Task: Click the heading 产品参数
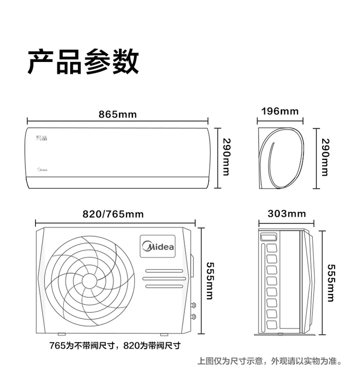coord(83,62)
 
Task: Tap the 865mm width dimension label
coord(118,115)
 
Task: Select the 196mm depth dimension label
coord(280,111)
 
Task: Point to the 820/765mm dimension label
coord(113,214)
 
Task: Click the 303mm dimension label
coord(287,214)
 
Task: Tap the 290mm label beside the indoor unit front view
coord(227,157)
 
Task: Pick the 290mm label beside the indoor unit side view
coord(325,157)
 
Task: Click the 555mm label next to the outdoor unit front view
coord(210,281)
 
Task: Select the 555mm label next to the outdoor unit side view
coord(331,283)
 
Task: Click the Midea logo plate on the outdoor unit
coord(157,246)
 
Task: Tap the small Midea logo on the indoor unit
coord(42,170)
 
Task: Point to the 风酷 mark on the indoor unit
coord(42,138)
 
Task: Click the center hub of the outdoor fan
coord(89,281)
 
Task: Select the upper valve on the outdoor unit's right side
coord(193,305)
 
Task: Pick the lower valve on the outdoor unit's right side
coord(193,317)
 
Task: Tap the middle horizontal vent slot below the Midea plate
coord(164,278)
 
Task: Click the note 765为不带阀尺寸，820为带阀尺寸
coord(115,346)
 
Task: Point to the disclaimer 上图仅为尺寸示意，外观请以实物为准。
coord(270,361)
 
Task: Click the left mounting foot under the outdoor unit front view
coord(61,334)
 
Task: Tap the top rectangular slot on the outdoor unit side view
coord(268,237)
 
